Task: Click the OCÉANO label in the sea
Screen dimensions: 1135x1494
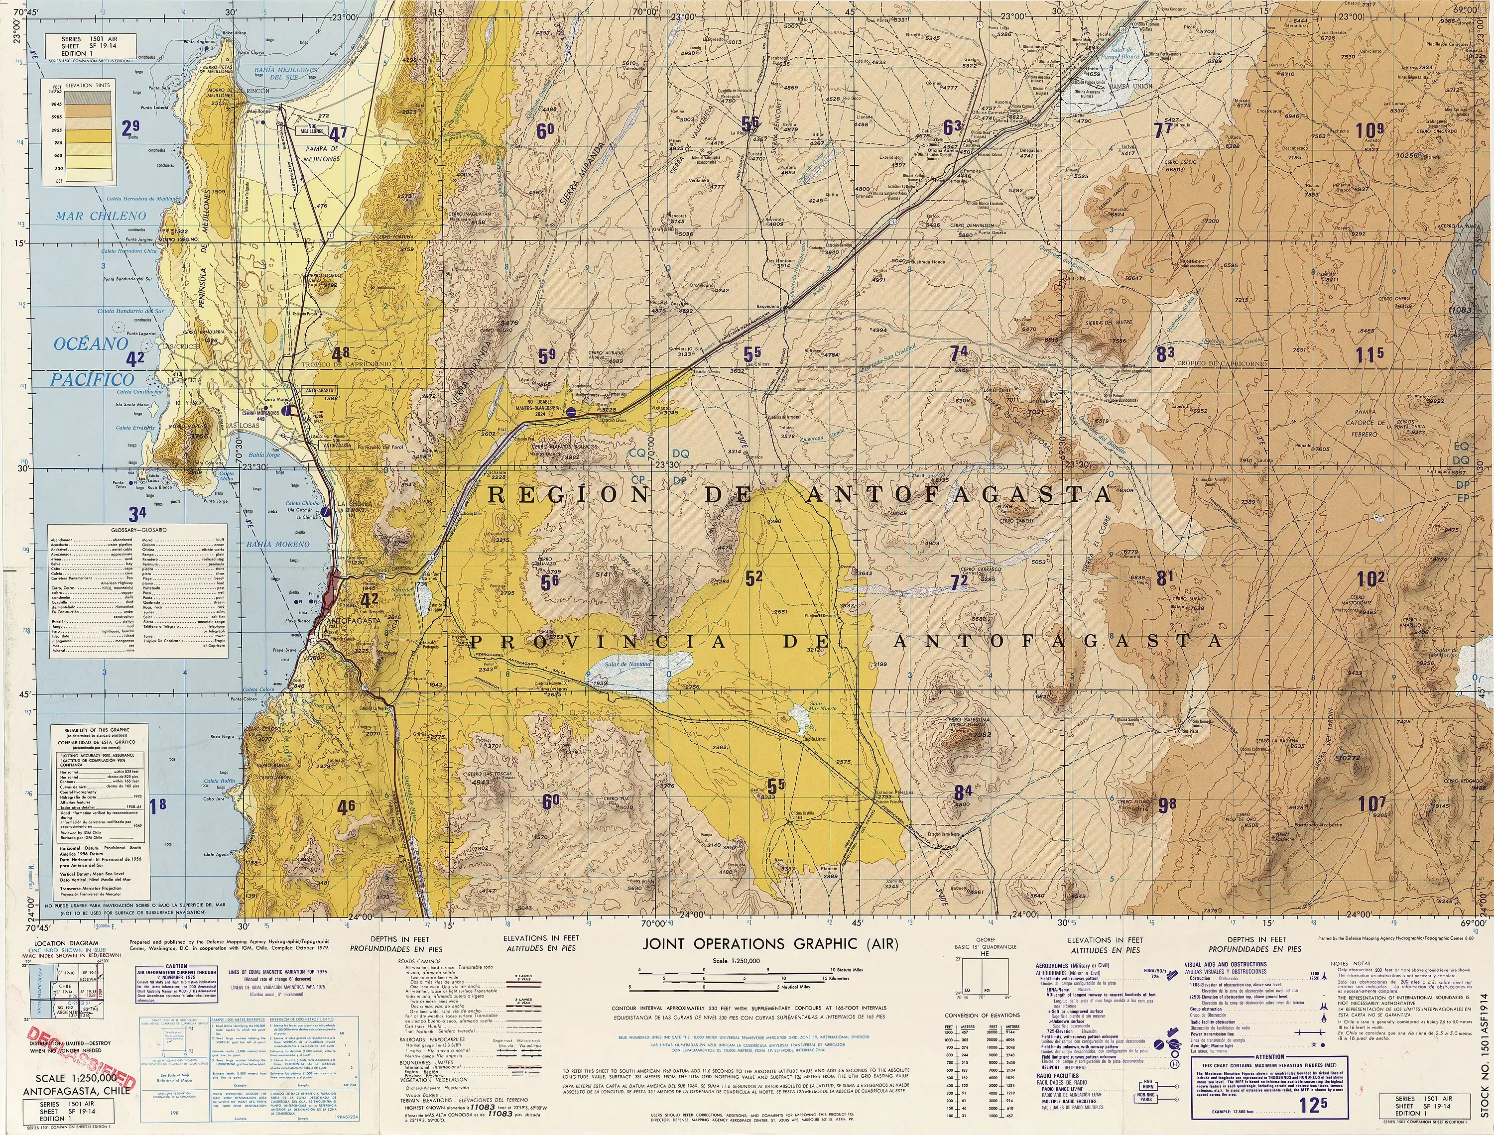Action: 91,344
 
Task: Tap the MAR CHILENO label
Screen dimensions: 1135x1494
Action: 101,216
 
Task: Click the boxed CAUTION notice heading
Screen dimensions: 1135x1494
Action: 176,967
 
